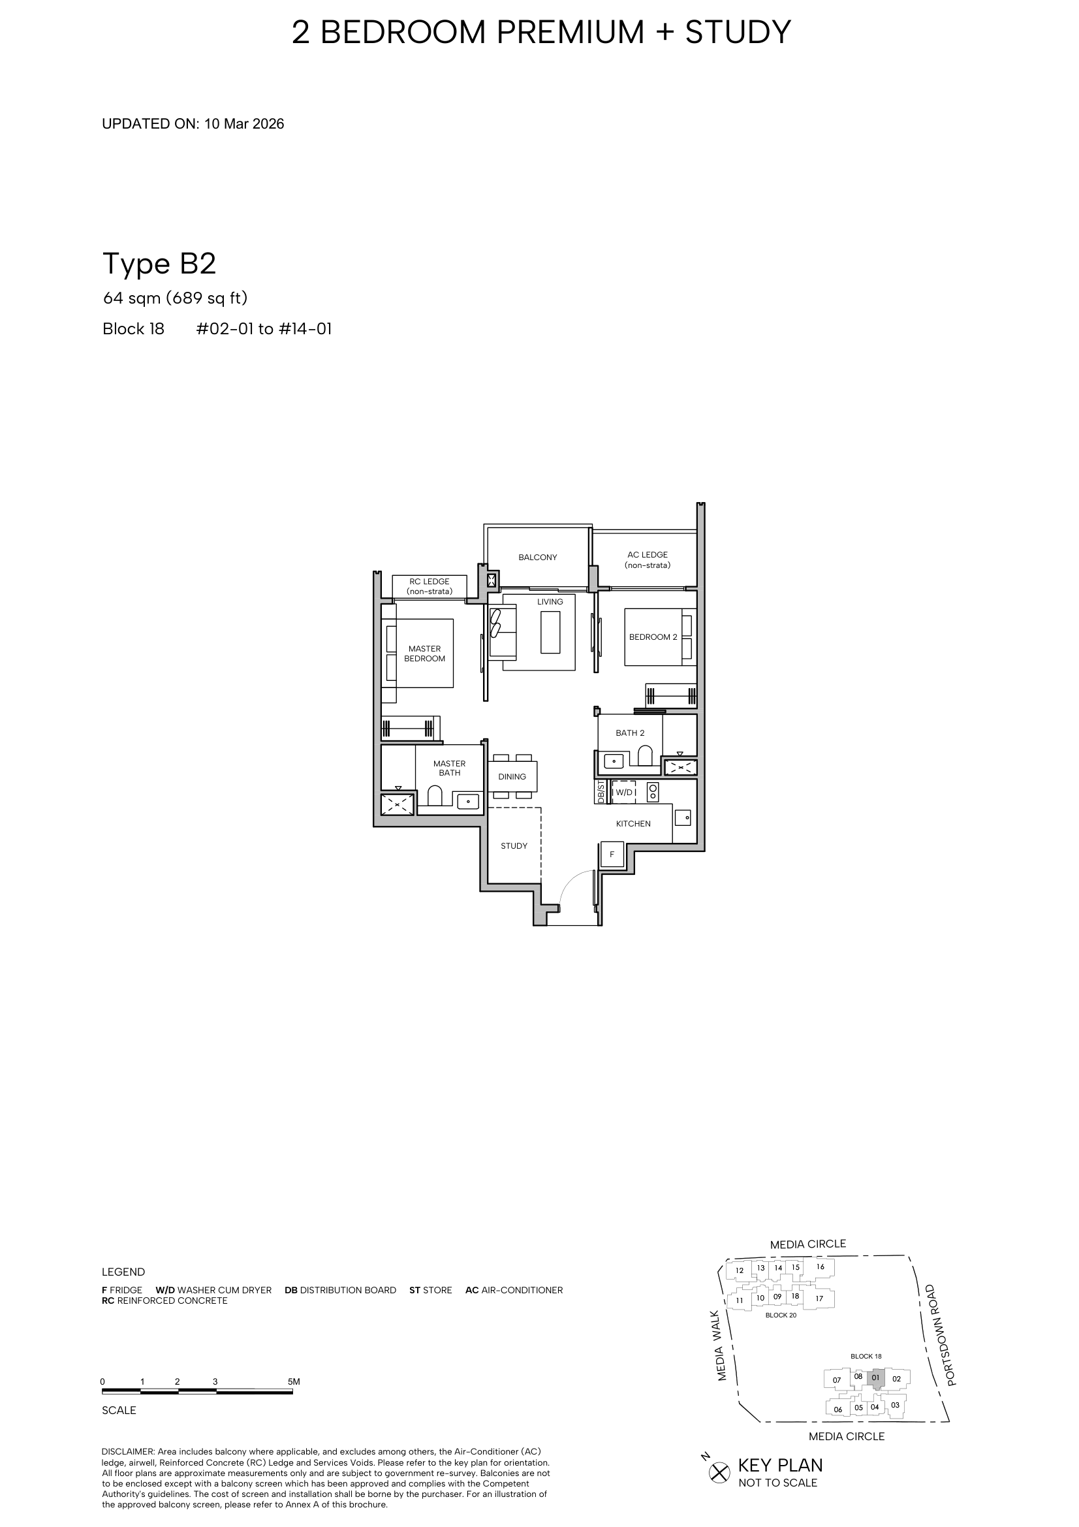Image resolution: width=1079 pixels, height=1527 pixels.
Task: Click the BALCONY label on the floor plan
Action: coord(538,558)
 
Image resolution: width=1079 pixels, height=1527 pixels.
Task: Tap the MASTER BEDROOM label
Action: coord(425,653)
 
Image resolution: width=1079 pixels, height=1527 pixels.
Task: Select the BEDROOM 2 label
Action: coord(653,637)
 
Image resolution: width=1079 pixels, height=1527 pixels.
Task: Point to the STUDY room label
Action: coord(514,846)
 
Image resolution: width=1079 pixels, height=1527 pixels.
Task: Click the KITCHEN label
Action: coord(634,824)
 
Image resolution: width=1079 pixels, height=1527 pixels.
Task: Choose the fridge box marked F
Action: coord(612,855)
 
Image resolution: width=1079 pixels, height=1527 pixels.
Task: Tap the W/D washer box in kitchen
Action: coord(623,793)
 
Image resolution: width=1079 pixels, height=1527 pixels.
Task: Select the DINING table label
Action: coord(512,777)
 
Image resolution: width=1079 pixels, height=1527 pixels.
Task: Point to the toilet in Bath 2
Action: coord(645,756)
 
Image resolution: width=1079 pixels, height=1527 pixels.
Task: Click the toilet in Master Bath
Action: coord(435,795)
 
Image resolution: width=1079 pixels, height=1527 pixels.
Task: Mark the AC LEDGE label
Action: coord(648,560)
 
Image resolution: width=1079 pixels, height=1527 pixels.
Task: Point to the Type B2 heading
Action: coord(159,264)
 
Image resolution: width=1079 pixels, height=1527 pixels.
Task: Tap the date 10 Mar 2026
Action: coord(244,123)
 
